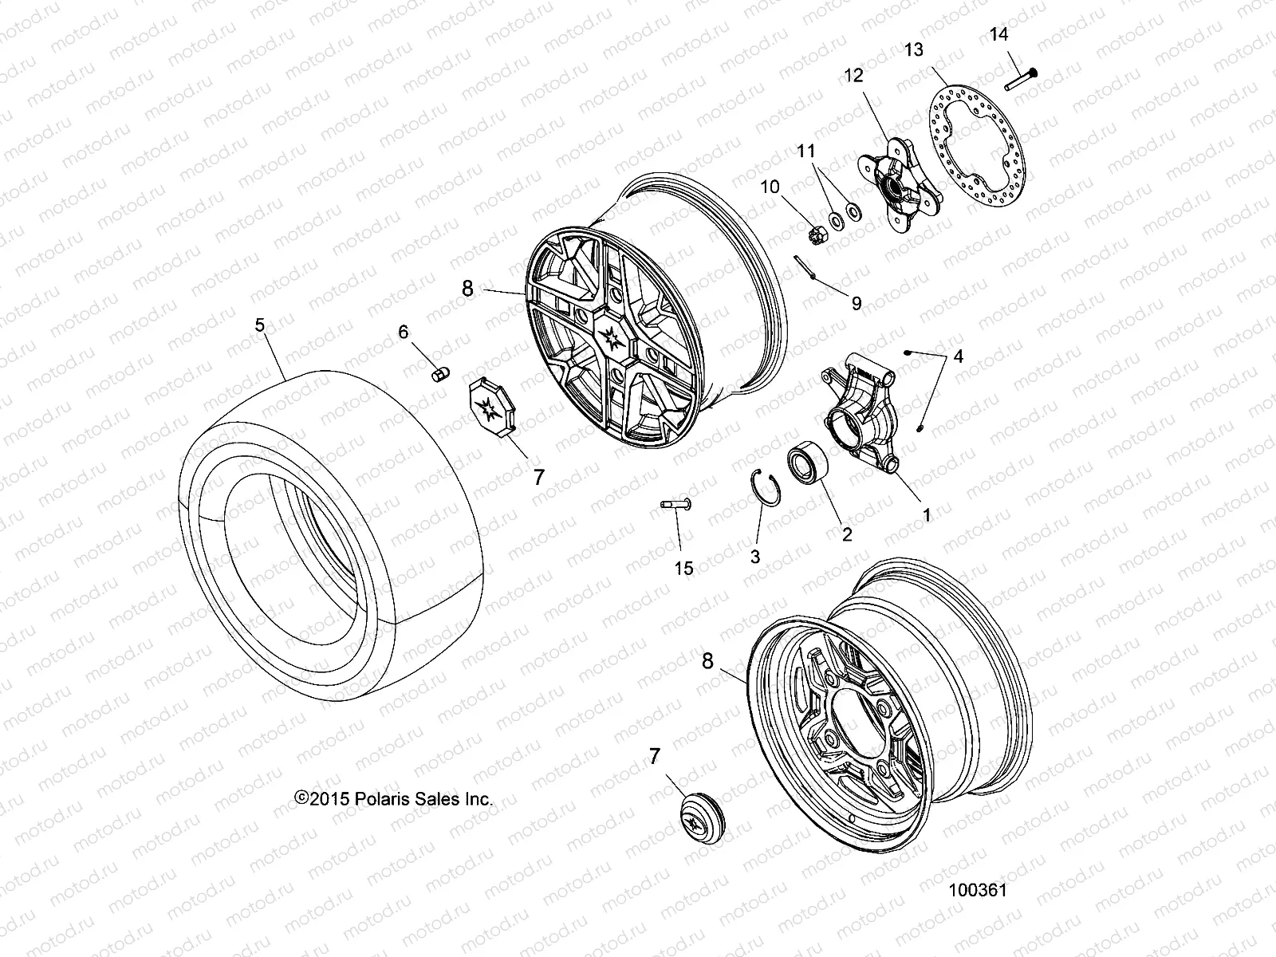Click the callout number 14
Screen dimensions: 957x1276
coord(998,33)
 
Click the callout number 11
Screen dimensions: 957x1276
coord(807,150)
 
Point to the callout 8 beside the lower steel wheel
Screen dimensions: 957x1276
coord(707,660)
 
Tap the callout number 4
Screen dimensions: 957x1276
coord(958,356)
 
